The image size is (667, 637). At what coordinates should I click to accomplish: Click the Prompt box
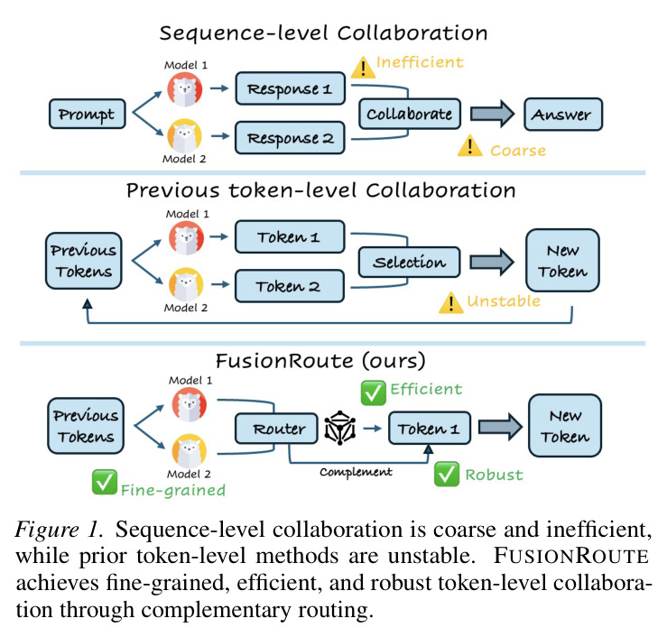88,114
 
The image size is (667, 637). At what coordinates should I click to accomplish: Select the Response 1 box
290,88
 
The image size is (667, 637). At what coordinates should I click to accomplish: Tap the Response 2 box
290,138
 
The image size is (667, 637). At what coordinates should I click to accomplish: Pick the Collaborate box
410,114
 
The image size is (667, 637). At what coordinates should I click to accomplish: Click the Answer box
563,114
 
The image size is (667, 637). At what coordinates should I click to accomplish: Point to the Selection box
409,262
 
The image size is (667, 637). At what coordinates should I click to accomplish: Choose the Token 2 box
289,286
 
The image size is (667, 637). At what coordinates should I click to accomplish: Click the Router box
276,429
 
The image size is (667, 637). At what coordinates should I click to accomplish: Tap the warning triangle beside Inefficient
363,68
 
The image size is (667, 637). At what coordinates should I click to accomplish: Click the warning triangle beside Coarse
470,146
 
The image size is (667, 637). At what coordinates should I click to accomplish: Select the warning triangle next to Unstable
451,303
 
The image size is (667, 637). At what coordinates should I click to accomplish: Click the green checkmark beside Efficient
373,392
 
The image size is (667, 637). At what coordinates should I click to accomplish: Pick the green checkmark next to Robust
447,474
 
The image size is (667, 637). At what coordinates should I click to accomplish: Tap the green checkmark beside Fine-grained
105,482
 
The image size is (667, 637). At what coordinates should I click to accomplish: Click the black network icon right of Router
340,428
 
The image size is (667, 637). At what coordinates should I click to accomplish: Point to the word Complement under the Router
356,472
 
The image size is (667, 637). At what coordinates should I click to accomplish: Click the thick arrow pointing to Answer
492,114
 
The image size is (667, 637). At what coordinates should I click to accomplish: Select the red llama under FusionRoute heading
190,404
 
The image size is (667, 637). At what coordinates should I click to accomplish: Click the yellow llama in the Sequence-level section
184,136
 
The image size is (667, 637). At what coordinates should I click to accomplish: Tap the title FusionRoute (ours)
320,361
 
